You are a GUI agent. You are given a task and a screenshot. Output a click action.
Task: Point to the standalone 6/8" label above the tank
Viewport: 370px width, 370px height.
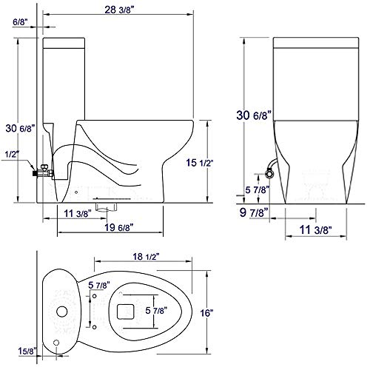click(21, 23)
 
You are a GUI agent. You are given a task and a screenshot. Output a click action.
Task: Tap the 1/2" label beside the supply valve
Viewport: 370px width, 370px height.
click(11, 154)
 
